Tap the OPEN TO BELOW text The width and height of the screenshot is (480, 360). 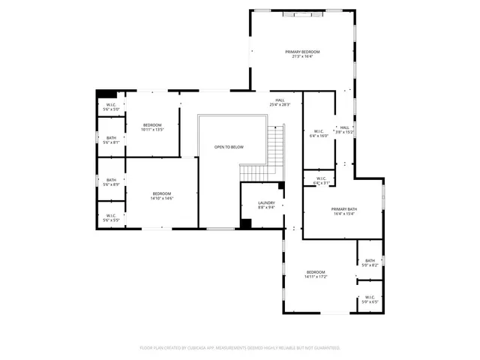coord(229,147)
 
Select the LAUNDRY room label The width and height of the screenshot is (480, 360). coord(266,205)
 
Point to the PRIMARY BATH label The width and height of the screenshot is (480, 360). coord(344,211)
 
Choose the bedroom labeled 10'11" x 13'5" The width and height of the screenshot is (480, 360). coord(152,127)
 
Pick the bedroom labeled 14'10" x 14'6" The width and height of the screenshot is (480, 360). coord(162,196)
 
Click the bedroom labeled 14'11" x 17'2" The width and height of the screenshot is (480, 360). coord(316,274)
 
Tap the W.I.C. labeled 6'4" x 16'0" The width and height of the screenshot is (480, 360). coord(318,133)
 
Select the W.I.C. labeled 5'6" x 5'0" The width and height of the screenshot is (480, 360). coord(111,107)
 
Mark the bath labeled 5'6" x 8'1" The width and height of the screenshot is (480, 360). coord(111,140)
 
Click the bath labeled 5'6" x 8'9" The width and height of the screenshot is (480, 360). coord(111,182)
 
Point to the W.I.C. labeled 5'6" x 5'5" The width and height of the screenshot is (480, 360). coord(111,217)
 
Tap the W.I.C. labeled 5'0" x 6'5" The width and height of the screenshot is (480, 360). coord(370,299)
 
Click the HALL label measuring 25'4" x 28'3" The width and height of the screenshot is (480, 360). coord(279,103)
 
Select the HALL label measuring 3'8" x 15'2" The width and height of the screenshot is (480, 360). coord(344,130)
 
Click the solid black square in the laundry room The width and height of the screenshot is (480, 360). coord(245,223)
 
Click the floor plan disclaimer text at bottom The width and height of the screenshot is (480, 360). coord(240,348)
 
